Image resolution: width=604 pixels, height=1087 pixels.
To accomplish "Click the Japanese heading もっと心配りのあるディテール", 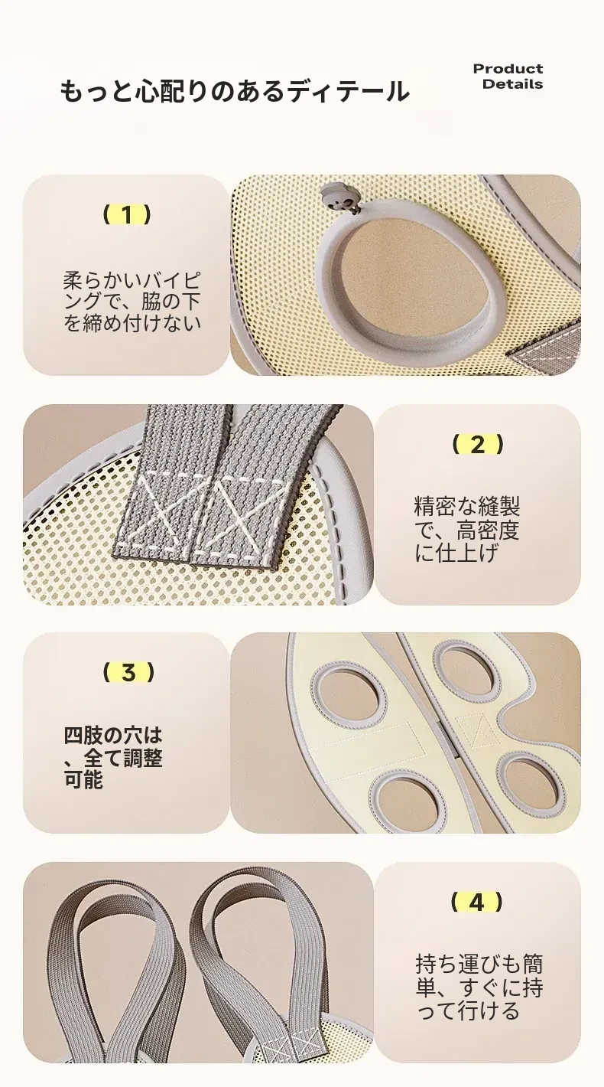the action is [x=235, y=91].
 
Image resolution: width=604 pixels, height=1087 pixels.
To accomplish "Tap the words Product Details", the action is [x=508, y=77].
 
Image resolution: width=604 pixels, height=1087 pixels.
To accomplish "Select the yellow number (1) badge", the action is [x=127, y=214].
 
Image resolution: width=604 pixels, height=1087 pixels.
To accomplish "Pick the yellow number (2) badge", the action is [x=478, y=444].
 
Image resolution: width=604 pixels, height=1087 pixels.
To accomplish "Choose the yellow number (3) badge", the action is [x=128, y=673].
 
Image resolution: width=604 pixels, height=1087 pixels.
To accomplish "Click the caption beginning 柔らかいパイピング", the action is [x=132, y=302].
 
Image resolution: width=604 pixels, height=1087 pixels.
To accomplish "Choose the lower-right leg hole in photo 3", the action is [x=531, y=776].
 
